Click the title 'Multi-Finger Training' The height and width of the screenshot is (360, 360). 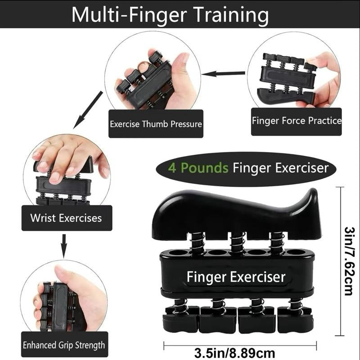(170, 14)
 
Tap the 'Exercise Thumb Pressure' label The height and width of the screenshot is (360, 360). (156, 123)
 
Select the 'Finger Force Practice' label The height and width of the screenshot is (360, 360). (296, 121)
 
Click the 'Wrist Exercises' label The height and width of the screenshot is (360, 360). (66, 218)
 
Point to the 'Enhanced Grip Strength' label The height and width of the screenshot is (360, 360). (64, 346)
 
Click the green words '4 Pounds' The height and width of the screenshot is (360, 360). (198, 168)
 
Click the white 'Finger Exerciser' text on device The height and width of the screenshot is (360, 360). (236, 276)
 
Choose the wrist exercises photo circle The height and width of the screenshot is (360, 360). (67, 173)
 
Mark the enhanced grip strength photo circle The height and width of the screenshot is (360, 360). (63, 299)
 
